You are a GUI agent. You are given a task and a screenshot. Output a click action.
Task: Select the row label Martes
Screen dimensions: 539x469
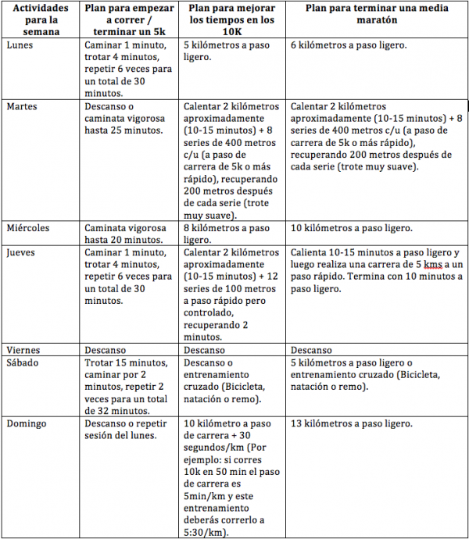[x=22, y=105]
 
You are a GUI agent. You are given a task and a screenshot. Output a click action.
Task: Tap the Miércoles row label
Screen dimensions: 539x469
[x=29, y=228]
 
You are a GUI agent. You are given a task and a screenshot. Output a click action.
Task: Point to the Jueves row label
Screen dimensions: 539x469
[x=21, y=253]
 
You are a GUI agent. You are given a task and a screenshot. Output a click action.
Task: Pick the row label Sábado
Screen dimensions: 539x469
[x=23, y=362]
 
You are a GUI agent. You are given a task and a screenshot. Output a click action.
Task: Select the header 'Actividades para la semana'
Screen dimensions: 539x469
[x=41, y=20]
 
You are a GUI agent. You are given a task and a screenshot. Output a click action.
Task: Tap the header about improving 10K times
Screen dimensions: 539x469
[x=231, y=20]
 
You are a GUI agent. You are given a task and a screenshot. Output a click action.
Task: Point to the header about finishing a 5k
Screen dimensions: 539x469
[x=129, y=20]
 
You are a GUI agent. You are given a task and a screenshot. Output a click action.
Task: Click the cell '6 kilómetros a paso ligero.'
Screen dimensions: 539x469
[x=348, y=45]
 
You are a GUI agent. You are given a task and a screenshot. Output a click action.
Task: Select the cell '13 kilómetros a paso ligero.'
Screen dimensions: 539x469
[x=351, y=423]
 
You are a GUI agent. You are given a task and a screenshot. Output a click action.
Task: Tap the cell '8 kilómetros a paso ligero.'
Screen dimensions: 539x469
[x=226, y=234]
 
